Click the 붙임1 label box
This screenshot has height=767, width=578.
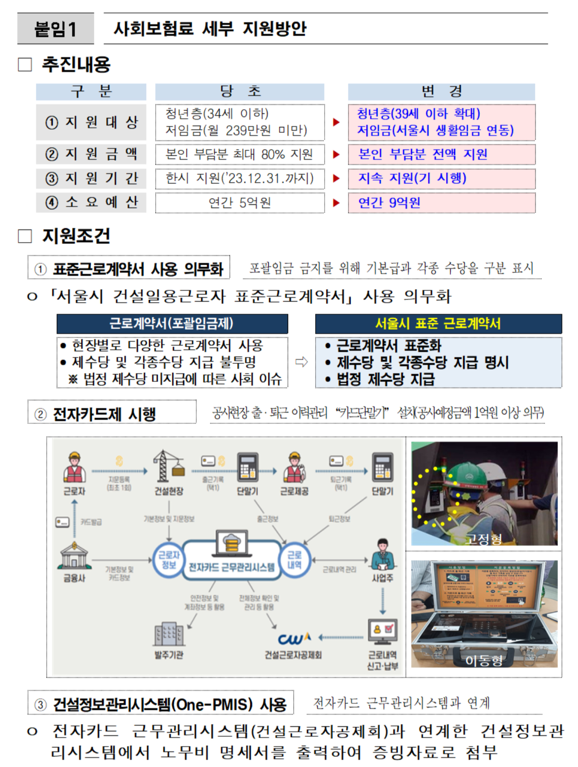(x=55, y=29)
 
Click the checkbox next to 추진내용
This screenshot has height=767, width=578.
(x=25, y=64)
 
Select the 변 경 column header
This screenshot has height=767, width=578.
(x=441, y=91)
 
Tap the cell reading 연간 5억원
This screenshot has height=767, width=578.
(x=239, y=203)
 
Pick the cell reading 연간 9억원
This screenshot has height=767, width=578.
(x=441, y=203)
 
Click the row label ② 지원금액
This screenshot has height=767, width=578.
(x=91, y=154)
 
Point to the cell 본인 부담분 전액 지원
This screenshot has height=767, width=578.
(x=441, y=154)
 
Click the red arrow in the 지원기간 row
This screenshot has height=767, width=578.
(x=336, y=178)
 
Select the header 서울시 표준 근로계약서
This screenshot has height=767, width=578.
(x=438, y=323)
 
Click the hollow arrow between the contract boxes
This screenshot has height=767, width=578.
(x=301, y=362)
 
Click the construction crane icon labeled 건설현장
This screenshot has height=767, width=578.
(x=169, y=466)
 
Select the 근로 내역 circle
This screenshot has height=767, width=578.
(x=294, y=560)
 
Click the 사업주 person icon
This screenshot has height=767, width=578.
(x=382, y=554)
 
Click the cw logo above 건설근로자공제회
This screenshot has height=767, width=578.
(x=294, y=638)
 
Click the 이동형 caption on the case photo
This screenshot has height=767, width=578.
(x=484, y=660)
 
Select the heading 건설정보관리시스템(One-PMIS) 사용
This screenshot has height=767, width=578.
(x=169, y=704)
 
